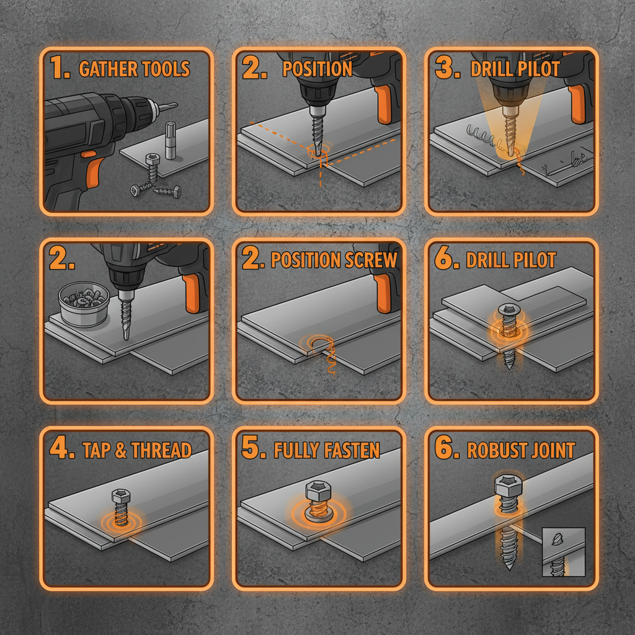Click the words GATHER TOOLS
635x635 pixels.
(x=134, y=69)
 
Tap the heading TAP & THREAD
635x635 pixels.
(x=137, y=450)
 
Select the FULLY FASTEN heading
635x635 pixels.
(x=327, y=450)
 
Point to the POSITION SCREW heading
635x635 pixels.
(x=334, y=260)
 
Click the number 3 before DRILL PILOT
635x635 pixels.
(x=444, y=69)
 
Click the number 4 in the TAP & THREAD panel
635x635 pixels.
(x=61, y=450)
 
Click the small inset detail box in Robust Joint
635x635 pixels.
(x=563, y=552)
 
